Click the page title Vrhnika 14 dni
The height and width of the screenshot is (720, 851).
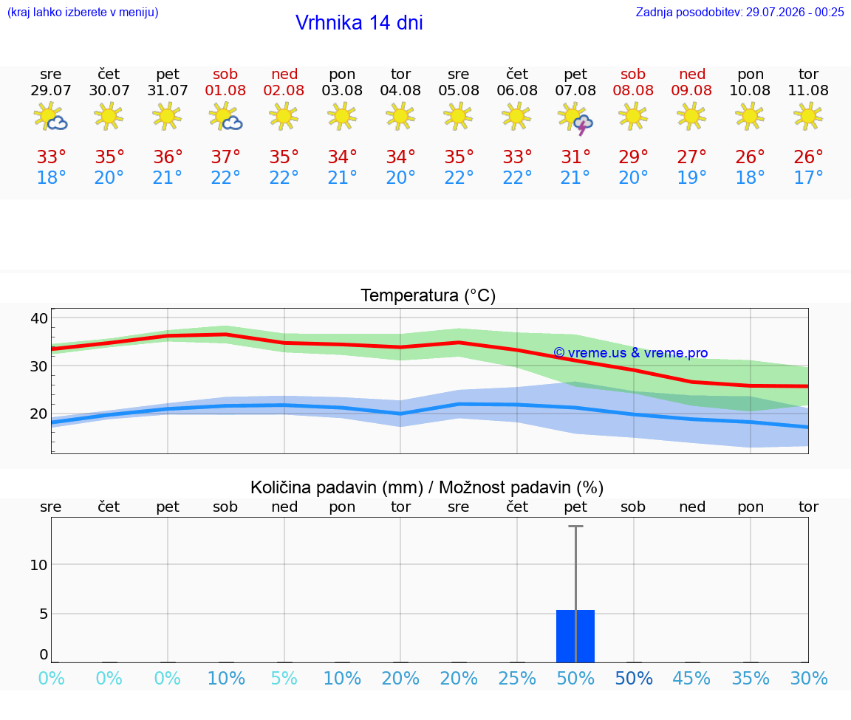coord(359,23)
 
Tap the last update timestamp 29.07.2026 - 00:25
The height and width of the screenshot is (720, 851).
coord(795,13)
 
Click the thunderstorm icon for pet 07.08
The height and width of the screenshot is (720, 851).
coord(575,117)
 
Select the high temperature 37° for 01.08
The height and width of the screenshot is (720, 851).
coord(226,157)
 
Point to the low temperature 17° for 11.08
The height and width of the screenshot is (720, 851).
coord(808,177)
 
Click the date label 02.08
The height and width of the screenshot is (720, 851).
coord(284,90)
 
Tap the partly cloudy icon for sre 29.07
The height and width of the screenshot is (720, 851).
coord(50,117)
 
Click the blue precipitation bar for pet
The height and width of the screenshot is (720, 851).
coord(575,636)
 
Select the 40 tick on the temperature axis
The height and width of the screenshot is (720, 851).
coord(39,318)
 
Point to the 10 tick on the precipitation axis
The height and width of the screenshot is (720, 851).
coord(38,565)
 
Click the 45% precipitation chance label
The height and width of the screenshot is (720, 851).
coord(691,678)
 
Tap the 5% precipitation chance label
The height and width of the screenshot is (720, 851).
coord(284,678)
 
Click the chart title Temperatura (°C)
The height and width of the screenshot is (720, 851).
coord(428,295)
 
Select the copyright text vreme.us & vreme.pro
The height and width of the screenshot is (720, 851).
coord(631,353)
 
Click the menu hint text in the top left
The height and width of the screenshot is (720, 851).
coord(83,13)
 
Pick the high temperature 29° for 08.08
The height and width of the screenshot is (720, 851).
coord(633,157)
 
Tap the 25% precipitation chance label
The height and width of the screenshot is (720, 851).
coord(516,678)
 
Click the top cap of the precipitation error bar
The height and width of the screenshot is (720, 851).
coord(576,526)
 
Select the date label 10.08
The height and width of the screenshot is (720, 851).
coord(750,90)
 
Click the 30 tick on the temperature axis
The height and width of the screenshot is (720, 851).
coord(39,366)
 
